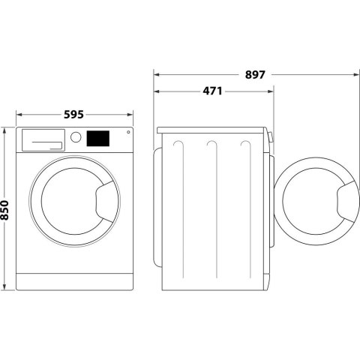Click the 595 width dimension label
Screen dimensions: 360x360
coord(73,115)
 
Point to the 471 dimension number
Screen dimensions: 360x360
coord(212,91)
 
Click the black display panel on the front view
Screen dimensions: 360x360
coord(98,138)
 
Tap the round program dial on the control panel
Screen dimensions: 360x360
coord(75,137)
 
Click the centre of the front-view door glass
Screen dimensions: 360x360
coord(68,203)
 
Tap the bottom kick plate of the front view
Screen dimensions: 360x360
coord(73,282)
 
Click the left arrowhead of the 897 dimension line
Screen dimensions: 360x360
coord(156,74)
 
